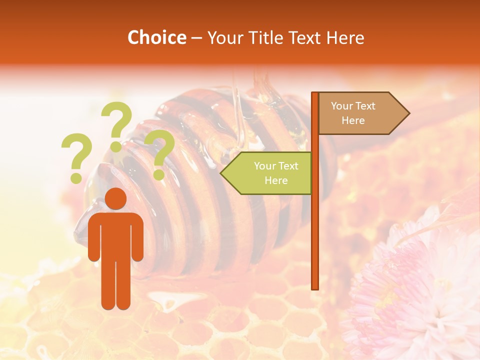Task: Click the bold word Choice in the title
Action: pos(156,38)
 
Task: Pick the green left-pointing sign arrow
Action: pos(267,173)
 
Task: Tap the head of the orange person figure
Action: pos(116,199)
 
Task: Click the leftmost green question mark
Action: pos(76,157)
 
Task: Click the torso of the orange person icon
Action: pos(116,235)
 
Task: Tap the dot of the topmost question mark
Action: pos(116,147)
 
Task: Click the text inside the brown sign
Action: pos(353,113)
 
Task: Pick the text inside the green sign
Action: pos(276,173)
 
